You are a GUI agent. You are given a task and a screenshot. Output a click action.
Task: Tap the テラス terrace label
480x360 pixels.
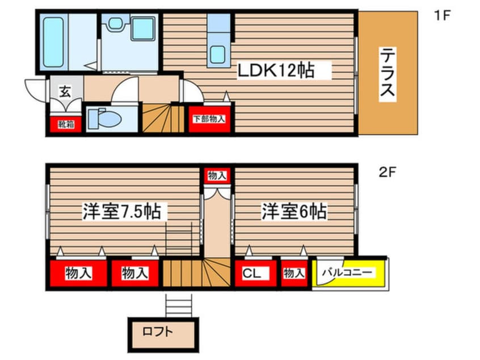tap(388, 73)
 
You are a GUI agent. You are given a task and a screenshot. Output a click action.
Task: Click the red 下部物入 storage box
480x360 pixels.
tap(209, 120)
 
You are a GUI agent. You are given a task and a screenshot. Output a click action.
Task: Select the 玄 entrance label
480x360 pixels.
tap(64, 91)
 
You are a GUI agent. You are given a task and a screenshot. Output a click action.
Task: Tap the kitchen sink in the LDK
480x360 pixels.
tap(218, 54)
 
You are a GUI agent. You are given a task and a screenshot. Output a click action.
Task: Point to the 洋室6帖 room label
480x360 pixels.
tap(294, 212)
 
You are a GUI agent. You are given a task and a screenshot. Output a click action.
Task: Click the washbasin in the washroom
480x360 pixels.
tap(143, 28)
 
